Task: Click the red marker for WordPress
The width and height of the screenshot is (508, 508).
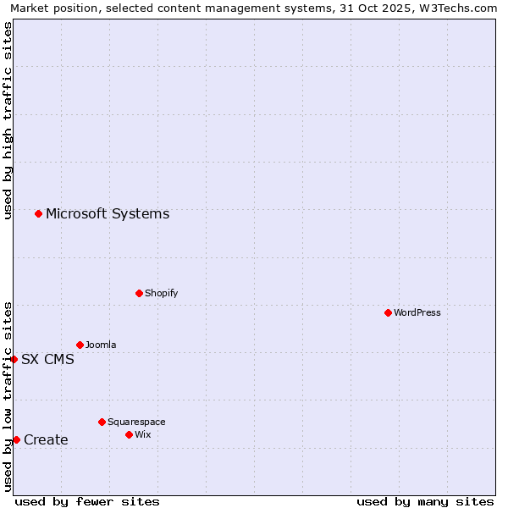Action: pyautogui.click(x=388, y=312)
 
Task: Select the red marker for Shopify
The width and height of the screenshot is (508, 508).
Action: pyautogui.click(x=139, y=293)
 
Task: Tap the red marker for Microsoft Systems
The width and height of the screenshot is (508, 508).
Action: pyautogui.click(x=38, y=213)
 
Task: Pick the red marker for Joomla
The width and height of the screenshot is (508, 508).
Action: pyautogui.click(x=80, y=345)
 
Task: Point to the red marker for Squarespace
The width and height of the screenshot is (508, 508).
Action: pyautogui.click(x=102, y=422)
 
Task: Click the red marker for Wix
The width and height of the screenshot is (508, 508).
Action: pyautogui.click(x=129, y=434)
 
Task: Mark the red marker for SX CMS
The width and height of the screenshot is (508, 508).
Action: pyautogui.click(x=14, y=359)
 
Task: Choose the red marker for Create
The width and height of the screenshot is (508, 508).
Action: pyautogui.click(x=16, y=439)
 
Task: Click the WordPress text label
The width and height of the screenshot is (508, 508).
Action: pyautogui.click(x=417, y=312)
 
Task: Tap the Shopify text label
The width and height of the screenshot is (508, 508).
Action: pyautogui.click(x=162, y=293)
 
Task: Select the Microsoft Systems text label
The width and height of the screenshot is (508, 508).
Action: pyautogui.click(x=108, y=213)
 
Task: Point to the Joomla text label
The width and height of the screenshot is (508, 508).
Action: pyautogui.click(x=101, y=345)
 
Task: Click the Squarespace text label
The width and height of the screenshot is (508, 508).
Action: pyautogui.click(x=136, y=422)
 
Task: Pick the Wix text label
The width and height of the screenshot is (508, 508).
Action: pyautogui.click(x=142, y=434)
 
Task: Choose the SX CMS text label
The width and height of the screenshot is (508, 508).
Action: pyautogui.click(x=47, y=359)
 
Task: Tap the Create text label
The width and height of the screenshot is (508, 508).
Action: pyautogui.click(x=46, y=439)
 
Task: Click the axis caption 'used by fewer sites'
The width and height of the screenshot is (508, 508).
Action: pyautogui.click(x=87, y=501)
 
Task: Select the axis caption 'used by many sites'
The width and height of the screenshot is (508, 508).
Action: pyautogui.click(x=425, y=501)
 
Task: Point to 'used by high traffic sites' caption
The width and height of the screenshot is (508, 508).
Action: pyautogui.click(x=8, y=120)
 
